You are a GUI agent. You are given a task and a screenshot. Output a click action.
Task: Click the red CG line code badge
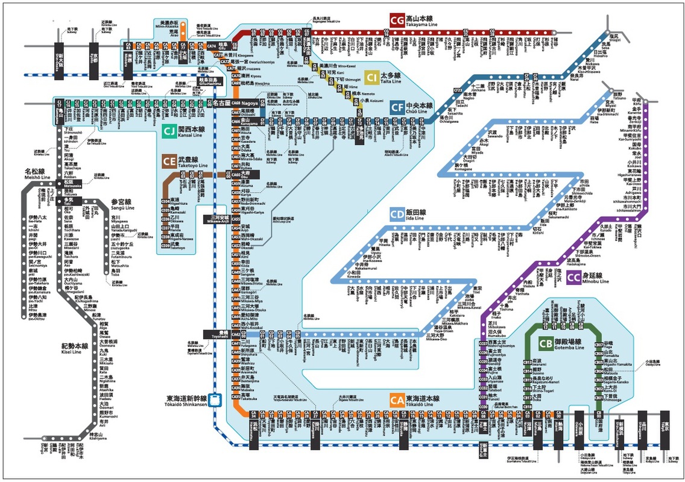click(397, 20)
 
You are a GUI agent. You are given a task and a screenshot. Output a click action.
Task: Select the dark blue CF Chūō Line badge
click(397, 107)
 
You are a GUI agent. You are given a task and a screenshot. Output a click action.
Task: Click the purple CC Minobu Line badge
click(573, 277)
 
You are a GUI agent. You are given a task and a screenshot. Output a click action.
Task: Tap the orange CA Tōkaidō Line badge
click(397, 400)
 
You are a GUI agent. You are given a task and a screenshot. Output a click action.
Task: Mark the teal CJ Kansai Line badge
click(169, 130)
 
